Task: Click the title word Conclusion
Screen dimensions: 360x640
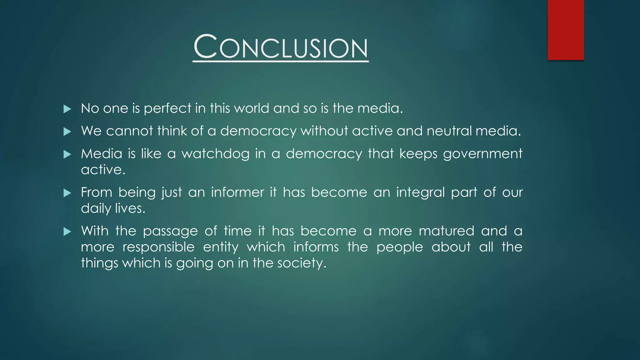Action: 281,47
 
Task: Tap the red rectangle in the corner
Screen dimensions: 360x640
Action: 566,30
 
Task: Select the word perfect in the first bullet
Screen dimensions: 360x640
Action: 167,109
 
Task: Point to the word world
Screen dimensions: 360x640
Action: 252,108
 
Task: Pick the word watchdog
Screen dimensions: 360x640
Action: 215,154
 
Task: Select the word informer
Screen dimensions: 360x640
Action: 237,192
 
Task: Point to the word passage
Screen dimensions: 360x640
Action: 170,232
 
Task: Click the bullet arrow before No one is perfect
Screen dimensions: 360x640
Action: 67,109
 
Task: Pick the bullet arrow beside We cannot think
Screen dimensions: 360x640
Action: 67,132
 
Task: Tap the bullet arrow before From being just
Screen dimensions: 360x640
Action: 67,193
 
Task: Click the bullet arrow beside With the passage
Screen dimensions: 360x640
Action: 67,232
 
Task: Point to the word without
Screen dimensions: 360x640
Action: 324,131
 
